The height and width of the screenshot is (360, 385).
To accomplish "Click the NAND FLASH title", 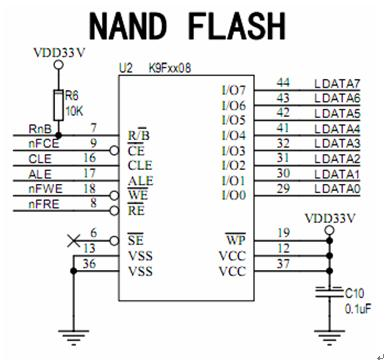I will [x=189, y=24].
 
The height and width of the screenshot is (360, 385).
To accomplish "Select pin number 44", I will [x=283, y=82].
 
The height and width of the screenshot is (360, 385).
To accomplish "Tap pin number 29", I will [x=283, y=188].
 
